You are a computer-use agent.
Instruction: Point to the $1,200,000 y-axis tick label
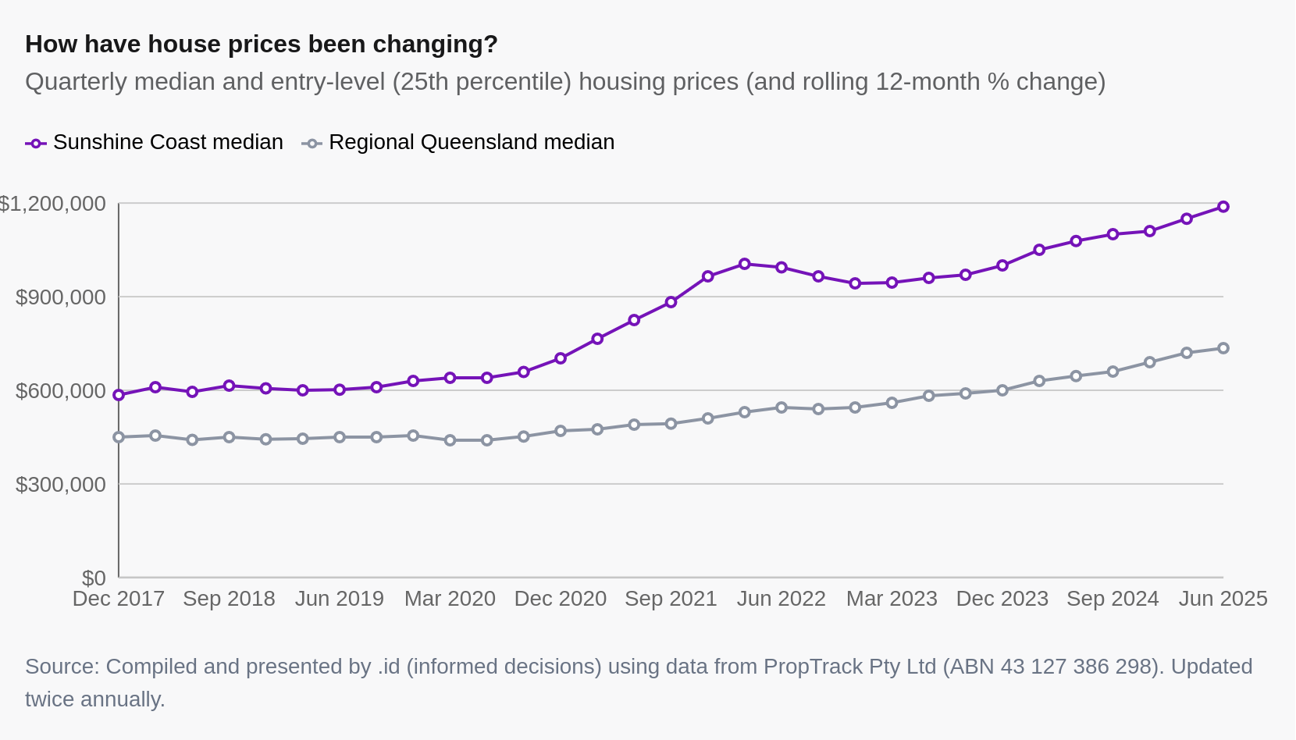(x=53, y=204)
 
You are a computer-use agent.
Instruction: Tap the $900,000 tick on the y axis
(x=61, y=297)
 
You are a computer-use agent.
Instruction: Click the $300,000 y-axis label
(x=61, y=485)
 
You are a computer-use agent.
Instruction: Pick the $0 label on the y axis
(x=94, y=578)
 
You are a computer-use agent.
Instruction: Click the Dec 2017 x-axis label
(x=119, y=599)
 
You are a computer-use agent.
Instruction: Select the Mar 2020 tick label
(x=450, y=599)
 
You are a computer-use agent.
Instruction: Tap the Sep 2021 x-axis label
(x=671, y=599)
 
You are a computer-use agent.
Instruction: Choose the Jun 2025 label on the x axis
(x=1223, y=599)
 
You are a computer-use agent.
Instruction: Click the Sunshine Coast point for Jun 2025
(x=1223, y=207)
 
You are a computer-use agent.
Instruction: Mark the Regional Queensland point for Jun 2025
(x=1223, y=348)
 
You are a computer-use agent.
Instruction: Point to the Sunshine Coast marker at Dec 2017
(x=119, y=395)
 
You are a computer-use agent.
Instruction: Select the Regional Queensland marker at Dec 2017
(x=119, y=437)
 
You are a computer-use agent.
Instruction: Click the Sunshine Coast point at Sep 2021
(x=671, y=302)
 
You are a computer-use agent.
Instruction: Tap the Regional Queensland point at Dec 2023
(x=1002, y=390)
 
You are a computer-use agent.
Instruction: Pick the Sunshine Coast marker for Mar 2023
(x=892, y=283)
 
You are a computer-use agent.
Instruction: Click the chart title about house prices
(x=262, y=44)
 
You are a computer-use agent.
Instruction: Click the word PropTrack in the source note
(x=806, y=667)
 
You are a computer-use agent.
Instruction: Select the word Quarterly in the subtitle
(x=76, y=82)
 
